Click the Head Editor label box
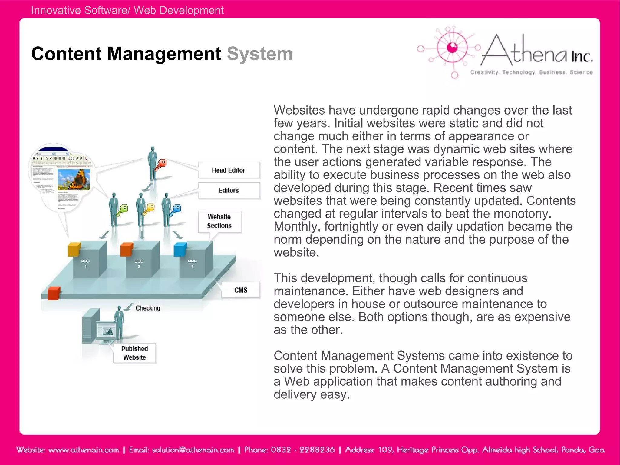pos(229,170)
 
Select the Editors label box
pos(229,190)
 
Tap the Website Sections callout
pos(219,221)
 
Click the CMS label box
pos(241,290)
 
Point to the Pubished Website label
pos(135,353)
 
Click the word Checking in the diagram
pos(148,308)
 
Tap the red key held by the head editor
pos(161,164)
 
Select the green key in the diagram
pos(122,210)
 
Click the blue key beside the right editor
pos(176,210)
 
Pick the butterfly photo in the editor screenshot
pos(74,179)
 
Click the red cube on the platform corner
pos(54,293)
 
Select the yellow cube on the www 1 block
pos(74,249)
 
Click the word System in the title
pos(260,54)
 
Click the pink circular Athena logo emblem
pos(452,48)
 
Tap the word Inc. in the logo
pos(582,57)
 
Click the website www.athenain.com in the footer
pos(84,450)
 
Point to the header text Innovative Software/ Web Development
pos(127,10)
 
